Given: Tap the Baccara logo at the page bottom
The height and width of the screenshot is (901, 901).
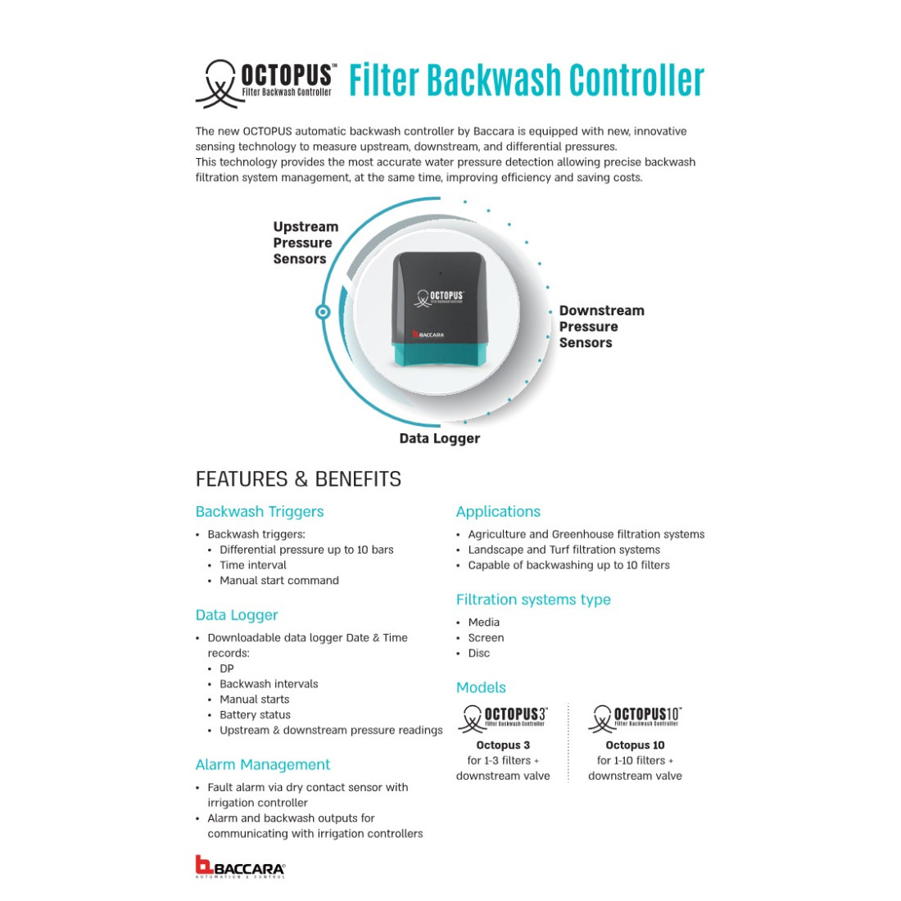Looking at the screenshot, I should [240, 867].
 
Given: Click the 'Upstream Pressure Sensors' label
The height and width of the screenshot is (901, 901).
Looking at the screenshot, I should [305, 242].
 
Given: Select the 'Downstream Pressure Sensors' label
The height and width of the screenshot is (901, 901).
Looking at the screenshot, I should [600, 326].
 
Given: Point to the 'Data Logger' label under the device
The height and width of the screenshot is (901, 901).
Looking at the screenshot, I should [439, 438].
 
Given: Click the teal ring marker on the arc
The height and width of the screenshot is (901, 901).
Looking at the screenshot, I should [323, 311].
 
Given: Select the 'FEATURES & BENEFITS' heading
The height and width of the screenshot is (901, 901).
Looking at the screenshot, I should [298, 479].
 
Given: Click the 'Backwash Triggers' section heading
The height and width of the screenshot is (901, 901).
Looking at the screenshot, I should [259, 511].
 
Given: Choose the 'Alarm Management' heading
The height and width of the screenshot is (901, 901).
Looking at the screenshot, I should [262, 764].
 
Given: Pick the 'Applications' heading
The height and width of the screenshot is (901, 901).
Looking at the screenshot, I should [498, 511].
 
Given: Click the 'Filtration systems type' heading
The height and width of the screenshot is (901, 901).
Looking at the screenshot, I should [533, 599].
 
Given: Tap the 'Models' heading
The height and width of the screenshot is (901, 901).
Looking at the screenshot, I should [481, 687].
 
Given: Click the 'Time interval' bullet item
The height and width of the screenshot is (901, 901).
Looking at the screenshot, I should [253, 564].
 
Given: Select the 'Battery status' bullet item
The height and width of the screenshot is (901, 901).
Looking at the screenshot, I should [255, 714].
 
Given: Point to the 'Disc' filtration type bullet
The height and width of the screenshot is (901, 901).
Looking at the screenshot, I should [479, 653].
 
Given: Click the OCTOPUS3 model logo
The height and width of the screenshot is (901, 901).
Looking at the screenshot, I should [503, 718].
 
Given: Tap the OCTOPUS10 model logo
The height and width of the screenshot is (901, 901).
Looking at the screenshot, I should [635, 718].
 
